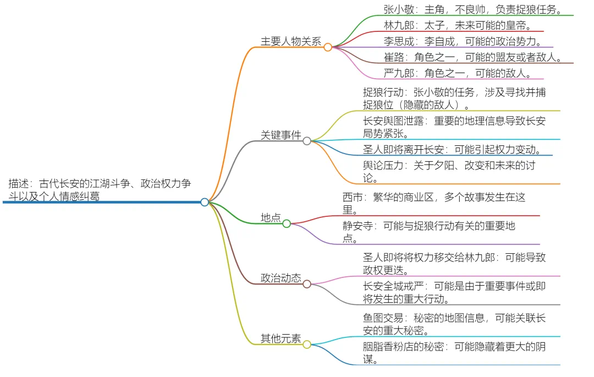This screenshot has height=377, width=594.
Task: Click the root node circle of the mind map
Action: (x=205, y=202)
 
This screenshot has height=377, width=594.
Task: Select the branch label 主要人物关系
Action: (x=290, y=41)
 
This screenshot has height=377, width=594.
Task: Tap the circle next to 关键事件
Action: (x=307, y=141)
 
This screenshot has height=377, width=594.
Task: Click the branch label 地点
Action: (x=271, y=218)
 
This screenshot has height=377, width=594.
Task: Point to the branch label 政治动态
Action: (x=280, y=278)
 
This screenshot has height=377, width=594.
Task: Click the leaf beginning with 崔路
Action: (x=472, y=57)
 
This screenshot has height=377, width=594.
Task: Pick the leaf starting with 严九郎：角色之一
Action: (x=457, y=73)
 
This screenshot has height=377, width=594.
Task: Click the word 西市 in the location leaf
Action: (x=353, y=197)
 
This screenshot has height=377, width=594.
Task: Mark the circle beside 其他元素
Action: (x=307, y=345)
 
